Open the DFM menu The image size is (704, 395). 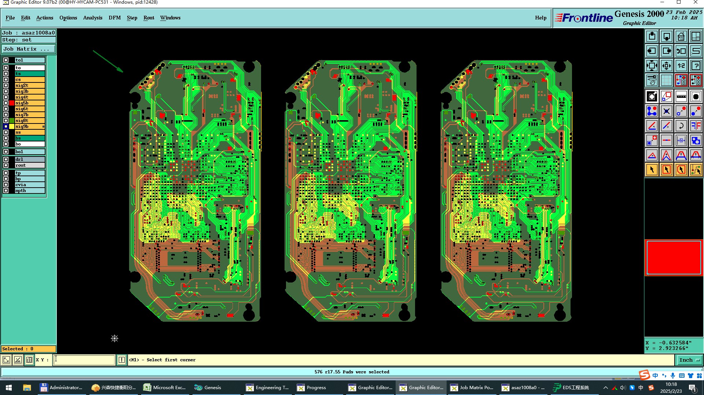click(114, 18)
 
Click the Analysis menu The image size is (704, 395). click(92, 18)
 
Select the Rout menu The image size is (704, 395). click(148, 18)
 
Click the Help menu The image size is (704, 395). click(540, 18)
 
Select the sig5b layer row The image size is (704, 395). click(30, 103)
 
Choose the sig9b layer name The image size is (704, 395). click(22, 126)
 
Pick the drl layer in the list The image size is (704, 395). click(30, 159)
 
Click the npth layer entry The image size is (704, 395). click(30, 191)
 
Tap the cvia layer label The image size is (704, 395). click(21, 185)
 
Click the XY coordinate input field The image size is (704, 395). click(84, 360)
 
